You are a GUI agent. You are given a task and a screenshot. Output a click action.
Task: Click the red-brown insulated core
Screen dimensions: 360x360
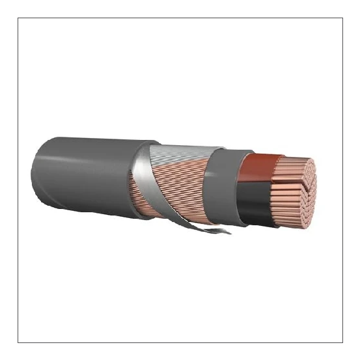click(257, 171)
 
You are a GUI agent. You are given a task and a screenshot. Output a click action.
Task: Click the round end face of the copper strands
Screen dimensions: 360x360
click(303, 189)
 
